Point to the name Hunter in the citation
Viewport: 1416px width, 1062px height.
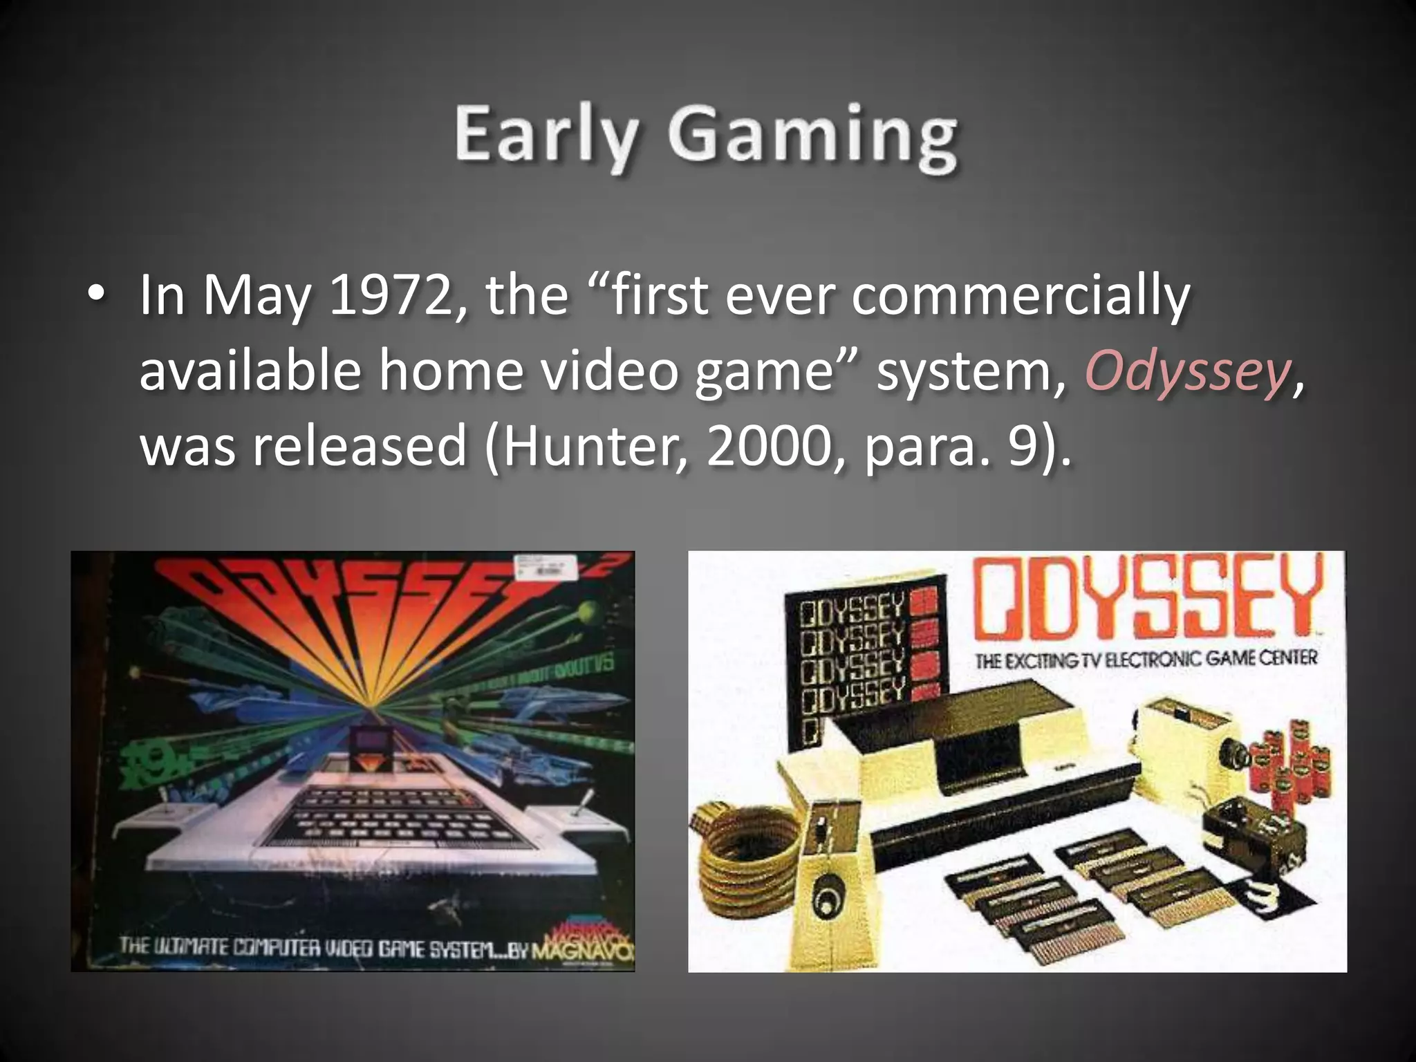click(592, 447)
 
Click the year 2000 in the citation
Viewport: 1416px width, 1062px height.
click(767, 447)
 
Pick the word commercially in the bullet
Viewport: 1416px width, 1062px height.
click(1020, 296)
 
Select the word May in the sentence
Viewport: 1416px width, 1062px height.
click(256, 296)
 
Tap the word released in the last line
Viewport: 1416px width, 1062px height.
click(360, 447)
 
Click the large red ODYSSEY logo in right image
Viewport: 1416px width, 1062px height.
click(1148, 598)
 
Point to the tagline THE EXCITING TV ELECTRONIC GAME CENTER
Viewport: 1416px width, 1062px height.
click(1146, 659)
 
